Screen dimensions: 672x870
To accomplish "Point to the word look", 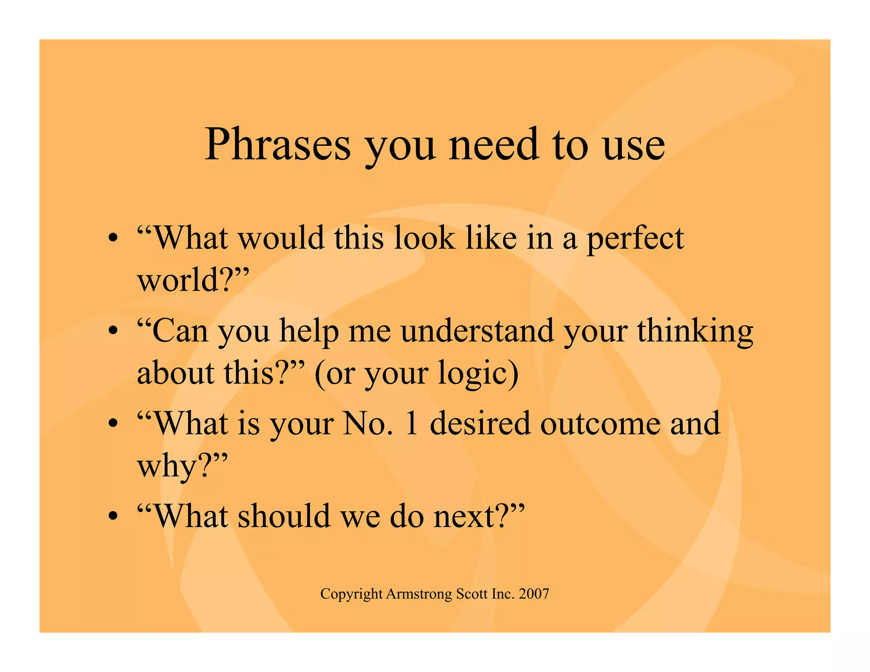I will point(424,238).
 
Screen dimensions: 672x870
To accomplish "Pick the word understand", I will point(477,331).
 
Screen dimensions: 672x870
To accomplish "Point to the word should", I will point(284,516).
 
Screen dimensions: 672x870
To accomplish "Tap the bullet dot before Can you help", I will point(113,331).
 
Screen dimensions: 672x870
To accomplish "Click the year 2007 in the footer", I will point(534,594).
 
